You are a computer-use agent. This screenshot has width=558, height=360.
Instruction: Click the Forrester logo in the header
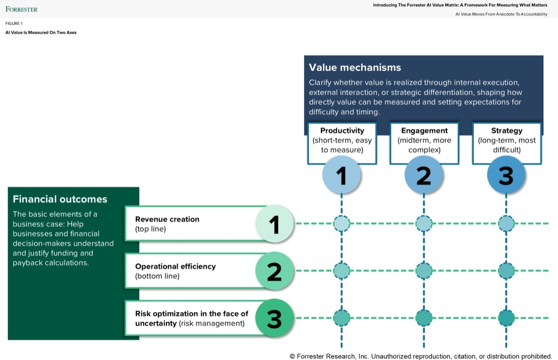(x=22, y=9)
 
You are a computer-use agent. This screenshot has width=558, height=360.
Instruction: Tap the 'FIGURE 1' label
(x=14, y=23)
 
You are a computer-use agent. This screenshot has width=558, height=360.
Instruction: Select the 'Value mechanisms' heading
(x=355, y=67)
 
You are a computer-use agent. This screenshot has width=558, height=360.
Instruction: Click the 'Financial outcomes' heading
(x=60, y=199)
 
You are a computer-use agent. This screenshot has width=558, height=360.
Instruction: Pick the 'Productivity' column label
(x=342, y=131)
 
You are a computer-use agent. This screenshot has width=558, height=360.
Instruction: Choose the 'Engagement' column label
(x=424, y=131)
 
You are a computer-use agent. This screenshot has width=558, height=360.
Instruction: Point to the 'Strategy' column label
(x=506, y=131)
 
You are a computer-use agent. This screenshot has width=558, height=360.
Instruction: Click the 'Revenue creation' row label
(x=167, y=220)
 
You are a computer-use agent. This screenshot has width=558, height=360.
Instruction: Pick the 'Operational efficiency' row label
(x=175, y=267)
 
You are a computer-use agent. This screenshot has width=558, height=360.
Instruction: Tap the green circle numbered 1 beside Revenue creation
(x=274, y=224)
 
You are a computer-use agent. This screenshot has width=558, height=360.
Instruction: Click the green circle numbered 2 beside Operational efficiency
(x=274, y=271)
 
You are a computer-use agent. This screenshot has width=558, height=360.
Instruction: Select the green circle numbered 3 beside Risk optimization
(x=274, y=318)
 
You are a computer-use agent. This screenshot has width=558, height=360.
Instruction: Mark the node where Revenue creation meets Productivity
(x=342, y=224)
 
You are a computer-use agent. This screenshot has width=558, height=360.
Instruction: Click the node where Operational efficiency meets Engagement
(x=424, y=271)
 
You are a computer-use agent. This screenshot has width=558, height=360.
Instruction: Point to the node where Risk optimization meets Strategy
(x=506, y=318)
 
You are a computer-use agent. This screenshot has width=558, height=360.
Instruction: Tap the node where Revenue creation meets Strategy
(x=506, y=224)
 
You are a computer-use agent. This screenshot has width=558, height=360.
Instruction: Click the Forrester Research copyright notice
(x=420, y=356)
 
